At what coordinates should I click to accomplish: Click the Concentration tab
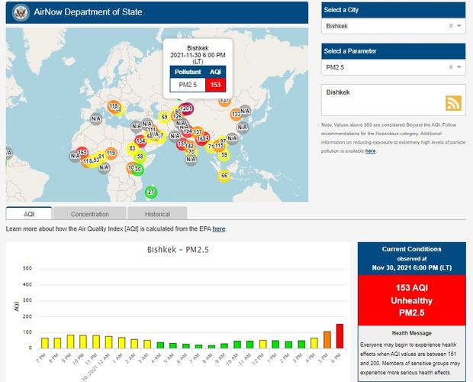click(90, 214)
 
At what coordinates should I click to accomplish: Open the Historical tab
click(156, 214)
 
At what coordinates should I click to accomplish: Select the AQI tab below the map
click(29, 214)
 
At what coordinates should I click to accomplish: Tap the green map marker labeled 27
click(151, 192)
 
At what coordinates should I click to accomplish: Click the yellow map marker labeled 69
click(164, 117)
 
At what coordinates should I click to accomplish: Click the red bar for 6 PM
click(339, 335)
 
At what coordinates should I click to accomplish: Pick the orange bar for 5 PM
click(327, 339)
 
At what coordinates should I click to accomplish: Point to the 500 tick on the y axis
click(27, 268)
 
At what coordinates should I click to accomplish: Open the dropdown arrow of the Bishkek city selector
click(459, 26)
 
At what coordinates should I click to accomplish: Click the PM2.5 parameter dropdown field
click(385, 67)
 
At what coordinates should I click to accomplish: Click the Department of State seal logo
click(21, 12)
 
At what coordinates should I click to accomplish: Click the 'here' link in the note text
click(370, 151)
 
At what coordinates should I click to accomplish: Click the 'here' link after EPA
click(218, 228)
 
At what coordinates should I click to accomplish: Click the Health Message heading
click(411, 332)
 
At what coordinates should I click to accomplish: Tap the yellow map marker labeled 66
click(224, 176)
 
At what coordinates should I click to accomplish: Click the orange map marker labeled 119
click(111, 153)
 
